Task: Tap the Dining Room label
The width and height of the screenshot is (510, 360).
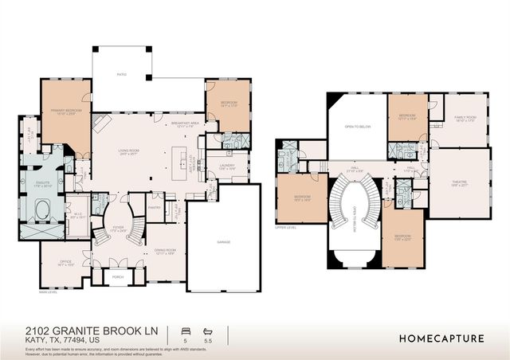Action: [165, 252]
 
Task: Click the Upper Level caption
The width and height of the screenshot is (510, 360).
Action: [285, 227]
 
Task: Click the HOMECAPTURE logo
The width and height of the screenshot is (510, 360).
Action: [441, 338]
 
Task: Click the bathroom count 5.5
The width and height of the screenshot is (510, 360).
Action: [209, 340]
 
